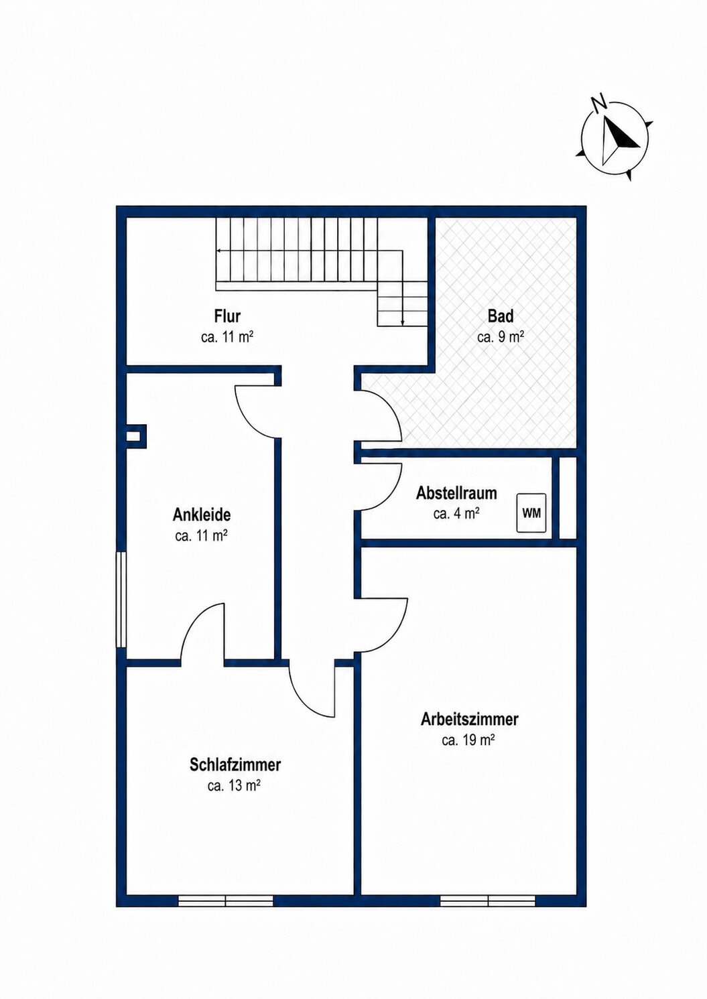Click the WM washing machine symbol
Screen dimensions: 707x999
click(x=531, y=513)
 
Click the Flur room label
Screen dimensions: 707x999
click(x=227, y=316)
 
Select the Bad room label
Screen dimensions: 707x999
click(x=501, y=316)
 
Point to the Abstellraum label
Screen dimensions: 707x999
click(x=456, y=493)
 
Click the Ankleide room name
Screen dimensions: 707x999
click(x=202, y=515)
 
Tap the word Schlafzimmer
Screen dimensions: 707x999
click(x=235, y=728)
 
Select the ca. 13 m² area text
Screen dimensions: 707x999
click(x=234, y=748)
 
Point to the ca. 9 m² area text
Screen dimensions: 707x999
click(x=501, y=337)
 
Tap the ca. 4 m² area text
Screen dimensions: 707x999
click(x=456, y=513)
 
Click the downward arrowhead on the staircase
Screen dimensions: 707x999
click(x=402, y=323)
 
